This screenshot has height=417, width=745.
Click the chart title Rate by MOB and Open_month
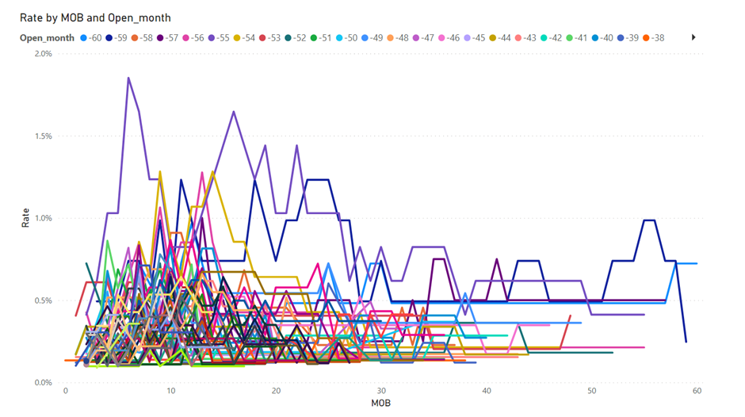[x=95, y=17]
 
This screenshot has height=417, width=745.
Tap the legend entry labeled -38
[x=654, y=38]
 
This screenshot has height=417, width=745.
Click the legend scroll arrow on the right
[x=694, y=37]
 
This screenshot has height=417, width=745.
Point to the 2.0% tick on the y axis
[x=41, y=54]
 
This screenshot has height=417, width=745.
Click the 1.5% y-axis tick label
[x=41, y=136]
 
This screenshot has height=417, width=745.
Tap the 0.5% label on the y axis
[x=41, y=300]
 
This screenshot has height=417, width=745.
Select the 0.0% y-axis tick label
[x=41, y=383]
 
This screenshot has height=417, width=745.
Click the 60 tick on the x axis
[x=697, y=392]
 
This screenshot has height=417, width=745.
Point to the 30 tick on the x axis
[x=381, y=392]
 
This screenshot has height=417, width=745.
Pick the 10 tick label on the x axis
[x=170, y=392]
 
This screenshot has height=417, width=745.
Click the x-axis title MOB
[x=380, y=404]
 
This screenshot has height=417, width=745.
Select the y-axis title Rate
[x=26, y=219]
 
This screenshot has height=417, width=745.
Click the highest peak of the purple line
[x=128, y=78]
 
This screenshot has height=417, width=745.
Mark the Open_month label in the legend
[x=48, y=38]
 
